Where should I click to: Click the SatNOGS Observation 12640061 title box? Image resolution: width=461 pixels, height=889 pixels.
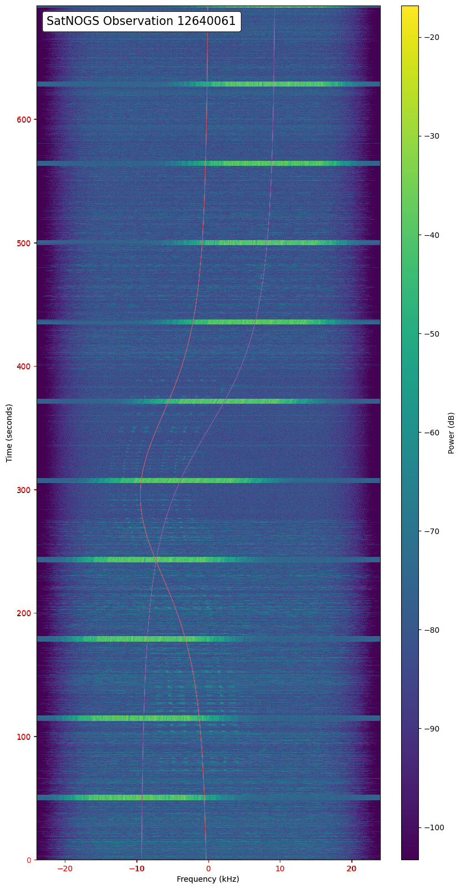(x=141, y=22)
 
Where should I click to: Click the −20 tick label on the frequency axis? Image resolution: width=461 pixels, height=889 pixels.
(x=65, y=868)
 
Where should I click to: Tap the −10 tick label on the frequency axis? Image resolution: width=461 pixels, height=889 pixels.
(x=136, y=868)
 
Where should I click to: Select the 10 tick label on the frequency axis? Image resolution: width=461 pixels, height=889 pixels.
(x=280, y=868)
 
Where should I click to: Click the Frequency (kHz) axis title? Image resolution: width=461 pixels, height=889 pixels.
(x=208, y=879)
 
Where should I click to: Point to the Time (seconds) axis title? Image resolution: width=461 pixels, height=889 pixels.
(x=9, y=433)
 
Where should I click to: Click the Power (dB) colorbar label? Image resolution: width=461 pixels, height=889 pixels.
(x=451, y=433)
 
